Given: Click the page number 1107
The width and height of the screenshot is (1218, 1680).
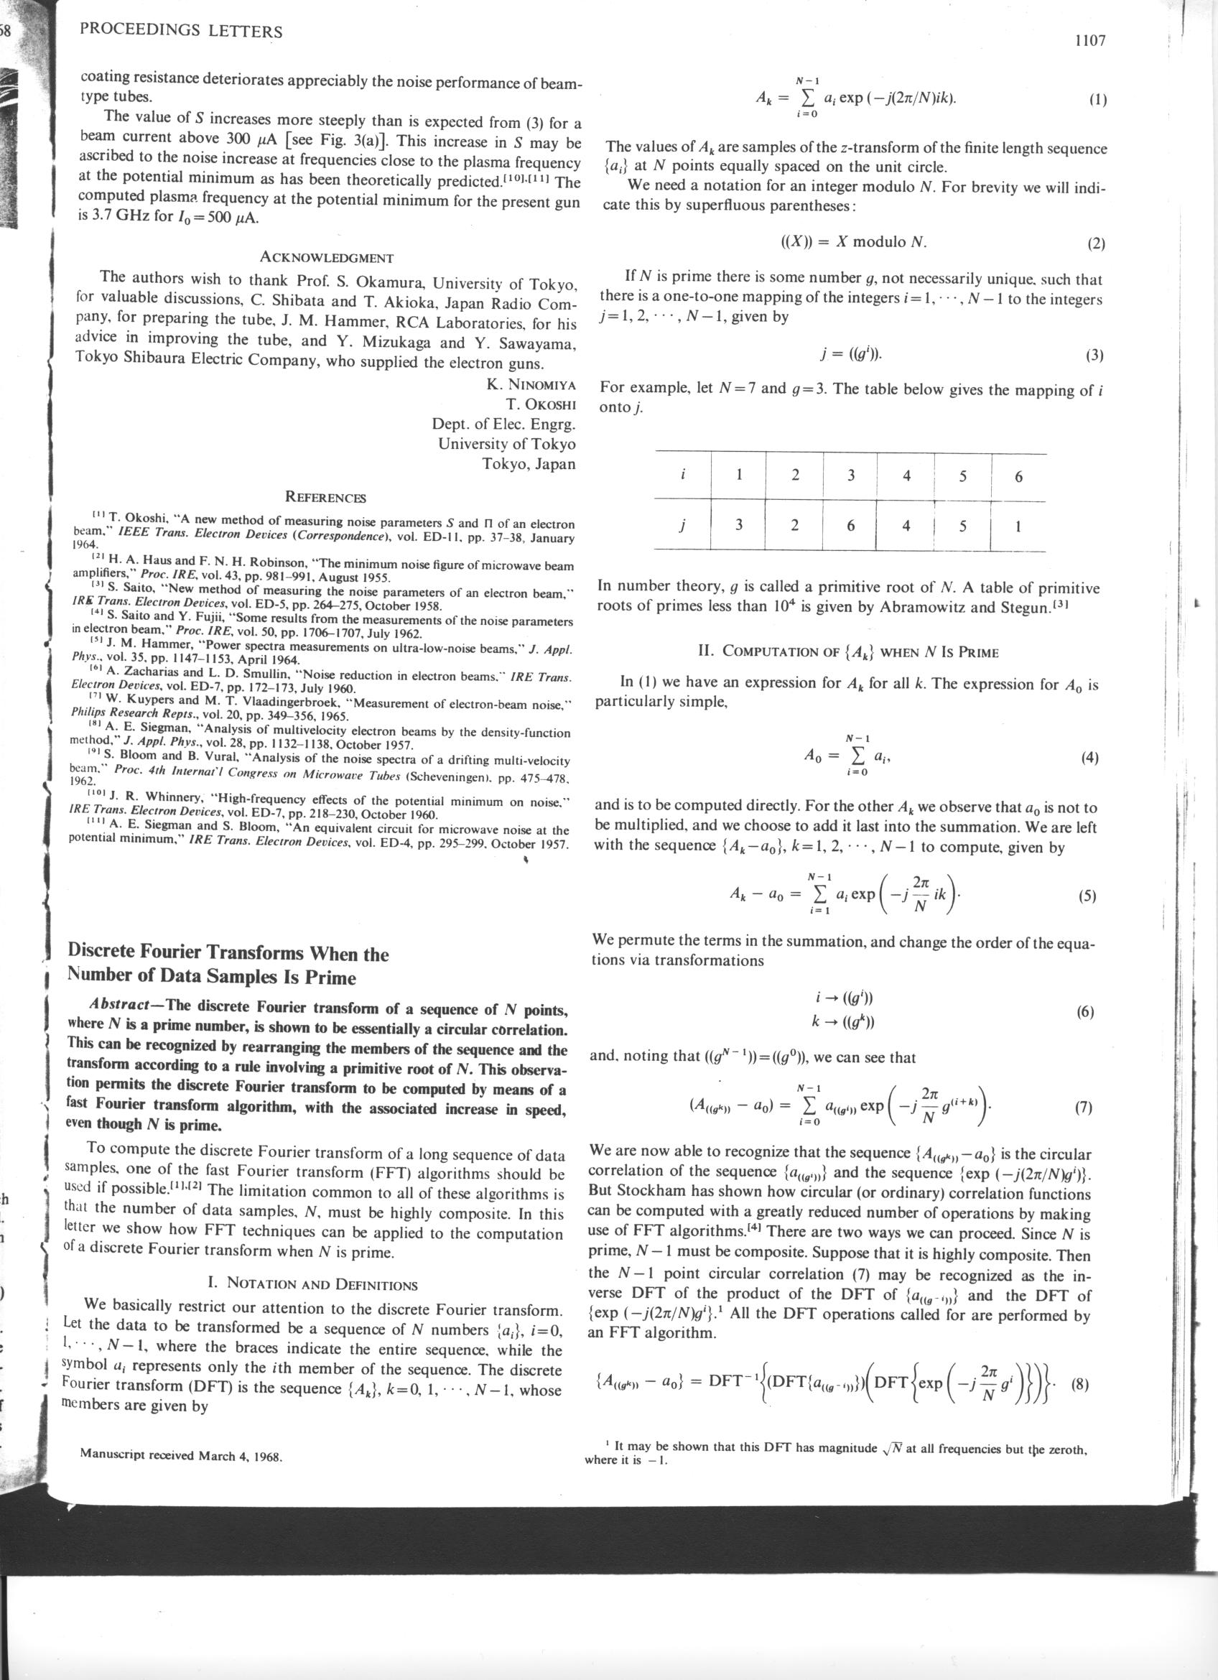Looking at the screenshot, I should [x=1090, y=42].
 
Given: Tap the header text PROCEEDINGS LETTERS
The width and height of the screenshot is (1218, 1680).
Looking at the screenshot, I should [x=181, y=32].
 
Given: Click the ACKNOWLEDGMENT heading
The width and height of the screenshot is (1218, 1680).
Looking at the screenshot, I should [x=327, y=258].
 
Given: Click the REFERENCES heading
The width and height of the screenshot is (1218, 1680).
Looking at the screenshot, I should [x=326, y=497].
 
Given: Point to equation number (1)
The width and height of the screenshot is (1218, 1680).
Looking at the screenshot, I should [x=1097, y=101].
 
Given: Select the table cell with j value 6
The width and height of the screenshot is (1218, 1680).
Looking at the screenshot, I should [x=851, y=526].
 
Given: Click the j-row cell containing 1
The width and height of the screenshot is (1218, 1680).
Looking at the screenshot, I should [x=1018, y=526].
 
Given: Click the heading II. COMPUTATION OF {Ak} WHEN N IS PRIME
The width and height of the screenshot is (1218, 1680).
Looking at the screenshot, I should [x=849, y=653].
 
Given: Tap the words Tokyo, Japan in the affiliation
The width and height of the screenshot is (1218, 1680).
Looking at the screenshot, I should [x=528, y=465].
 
